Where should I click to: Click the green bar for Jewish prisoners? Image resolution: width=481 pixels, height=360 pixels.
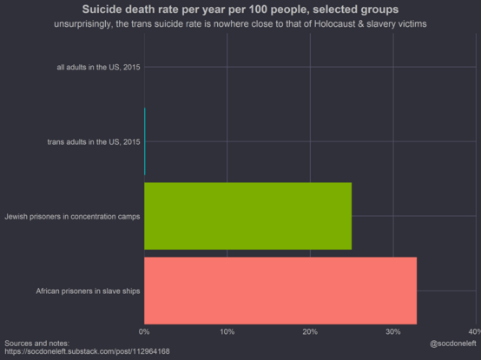247,216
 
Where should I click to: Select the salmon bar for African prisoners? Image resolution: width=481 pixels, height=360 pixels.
280,291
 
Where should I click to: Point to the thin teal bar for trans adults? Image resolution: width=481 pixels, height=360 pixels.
145,141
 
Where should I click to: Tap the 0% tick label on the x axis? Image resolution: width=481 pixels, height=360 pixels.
144,332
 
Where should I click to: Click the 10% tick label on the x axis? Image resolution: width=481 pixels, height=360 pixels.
227,332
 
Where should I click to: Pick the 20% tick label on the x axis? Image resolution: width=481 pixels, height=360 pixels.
310,332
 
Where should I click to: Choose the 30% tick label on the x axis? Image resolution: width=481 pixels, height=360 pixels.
393,332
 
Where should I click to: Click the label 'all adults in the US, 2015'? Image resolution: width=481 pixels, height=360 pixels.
98,67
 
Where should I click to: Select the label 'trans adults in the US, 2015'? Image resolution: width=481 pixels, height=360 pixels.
94,142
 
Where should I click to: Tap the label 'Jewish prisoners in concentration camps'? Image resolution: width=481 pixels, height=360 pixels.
72,217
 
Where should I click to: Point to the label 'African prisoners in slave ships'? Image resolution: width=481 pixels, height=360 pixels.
88,291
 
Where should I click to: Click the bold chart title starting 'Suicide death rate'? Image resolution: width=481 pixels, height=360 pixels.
240,10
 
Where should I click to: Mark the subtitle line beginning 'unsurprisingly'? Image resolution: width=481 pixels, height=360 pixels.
240,24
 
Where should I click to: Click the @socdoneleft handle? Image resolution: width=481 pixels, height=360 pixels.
452,344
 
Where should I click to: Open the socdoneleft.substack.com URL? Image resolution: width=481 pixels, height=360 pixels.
87,351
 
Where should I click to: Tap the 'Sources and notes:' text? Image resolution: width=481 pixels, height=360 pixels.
37,344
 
